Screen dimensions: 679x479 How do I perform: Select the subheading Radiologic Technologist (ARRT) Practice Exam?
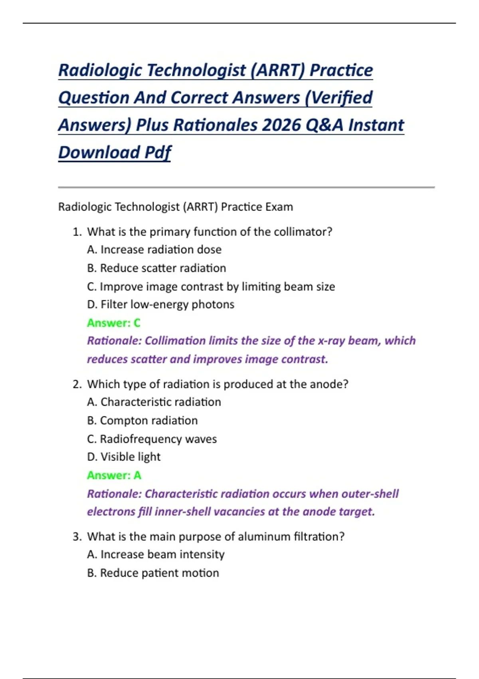pyautogui.click(x=176, y=207)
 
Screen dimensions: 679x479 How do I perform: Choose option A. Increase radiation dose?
pyautogui.click(x=154, y=250)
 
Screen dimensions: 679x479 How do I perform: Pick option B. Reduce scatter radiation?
pyautogui.click(x=156, y=268)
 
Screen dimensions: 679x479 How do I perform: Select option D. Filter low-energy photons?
pyautogui.click(x=160, y=304)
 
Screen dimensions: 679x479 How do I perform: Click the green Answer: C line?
pyautogui.click(x=114, y=323)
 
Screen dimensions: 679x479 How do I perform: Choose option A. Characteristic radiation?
pyautogui.click(x=154, y=402)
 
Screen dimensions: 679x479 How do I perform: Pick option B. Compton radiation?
pyautogui.click(x=142, y=421)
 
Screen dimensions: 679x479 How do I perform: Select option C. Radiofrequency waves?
pyautogui.click(x=152, y=439)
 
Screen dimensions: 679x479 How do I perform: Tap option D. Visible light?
pyautogui.click(x=124, y=457)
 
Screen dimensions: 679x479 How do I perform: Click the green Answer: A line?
pyautogui.click(x=114, y=475)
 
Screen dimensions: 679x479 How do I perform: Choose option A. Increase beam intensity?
pyautogui.click(x=156, y=554)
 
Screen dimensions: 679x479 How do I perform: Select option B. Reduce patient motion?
pyautogui.click(x=153, y=573)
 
